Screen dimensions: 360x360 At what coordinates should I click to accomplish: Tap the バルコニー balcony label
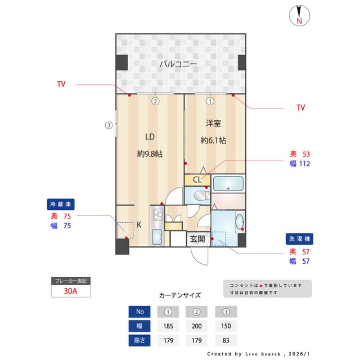[x=178, y=64]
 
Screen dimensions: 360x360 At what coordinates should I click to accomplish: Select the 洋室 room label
[x=213, y=123]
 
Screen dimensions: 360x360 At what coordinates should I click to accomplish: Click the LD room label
[x=150, y=137]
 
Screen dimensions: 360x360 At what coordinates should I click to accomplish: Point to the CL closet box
[x=197, y=180]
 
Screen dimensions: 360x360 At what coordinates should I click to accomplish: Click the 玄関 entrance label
[x=197, y=238]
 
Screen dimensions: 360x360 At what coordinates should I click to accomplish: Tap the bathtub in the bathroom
[x=228, y=183]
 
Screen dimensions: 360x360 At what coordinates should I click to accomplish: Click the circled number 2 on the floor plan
[x=155, y=102]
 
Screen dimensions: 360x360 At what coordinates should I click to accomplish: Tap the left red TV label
[x=61, y=84]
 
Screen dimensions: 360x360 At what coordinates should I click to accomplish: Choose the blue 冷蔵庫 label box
[x=61, y=204]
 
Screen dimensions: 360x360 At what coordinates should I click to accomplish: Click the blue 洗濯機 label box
[x=299, y=238]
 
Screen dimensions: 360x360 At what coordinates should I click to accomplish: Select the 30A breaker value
[x=70, y=291]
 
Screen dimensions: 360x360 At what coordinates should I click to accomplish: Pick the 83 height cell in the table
[x=226, y=340]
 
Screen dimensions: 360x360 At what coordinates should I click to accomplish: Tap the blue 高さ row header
[x=139, y=340]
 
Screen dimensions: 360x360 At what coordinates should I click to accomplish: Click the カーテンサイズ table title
[x=180, y=295]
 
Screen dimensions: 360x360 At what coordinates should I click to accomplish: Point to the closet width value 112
[x=304, y=164]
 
